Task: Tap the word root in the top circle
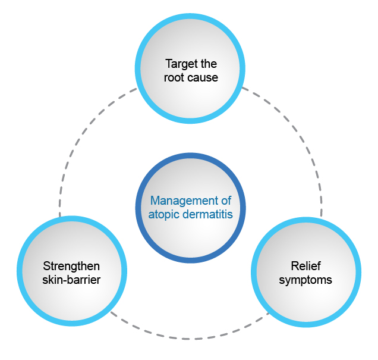pyautogui.click(x=172, y=77)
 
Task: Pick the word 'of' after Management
pyautogui.click(x=225, y=201)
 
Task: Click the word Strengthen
pyautogui.click(x=71, y=265)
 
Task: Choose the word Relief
pyautogui.click(x=305, y=265)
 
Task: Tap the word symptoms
pyautogui.click(x=305, y=279)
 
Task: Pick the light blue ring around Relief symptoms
pyautogui.click(x=306, y=220)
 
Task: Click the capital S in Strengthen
pyautogui.click(x=46, y=265)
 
